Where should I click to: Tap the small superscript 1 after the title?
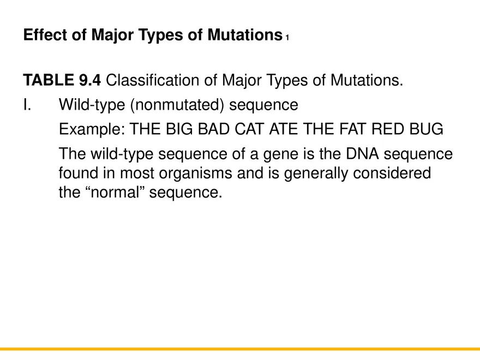pos(286,38)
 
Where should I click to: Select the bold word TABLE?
pos(46,81)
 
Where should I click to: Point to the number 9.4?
pos(88,81)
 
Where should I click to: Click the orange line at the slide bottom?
pos(240,349)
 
